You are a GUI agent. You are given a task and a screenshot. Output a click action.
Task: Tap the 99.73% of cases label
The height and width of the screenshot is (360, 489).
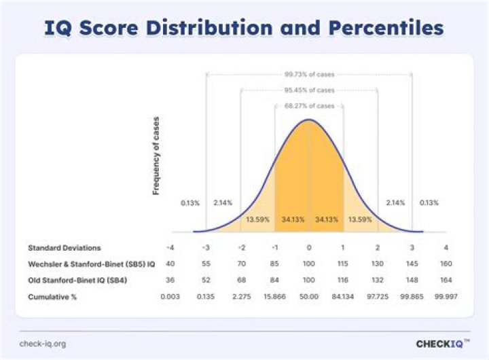point(309,75)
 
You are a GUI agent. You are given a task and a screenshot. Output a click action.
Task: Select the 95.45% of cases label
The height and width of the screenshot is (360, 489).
point(309,90)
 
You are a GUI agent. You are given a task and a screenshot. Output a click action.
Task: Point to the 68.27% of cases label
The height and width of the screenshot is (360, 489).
point(309,106)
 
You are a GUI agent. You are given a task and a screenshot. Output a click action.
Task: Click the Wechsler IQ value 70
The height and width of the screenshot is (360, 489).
point(240,264)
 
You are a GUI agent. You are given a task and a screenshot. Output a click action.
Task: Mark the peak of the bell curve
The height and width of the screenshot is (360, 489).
point(309,120)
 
